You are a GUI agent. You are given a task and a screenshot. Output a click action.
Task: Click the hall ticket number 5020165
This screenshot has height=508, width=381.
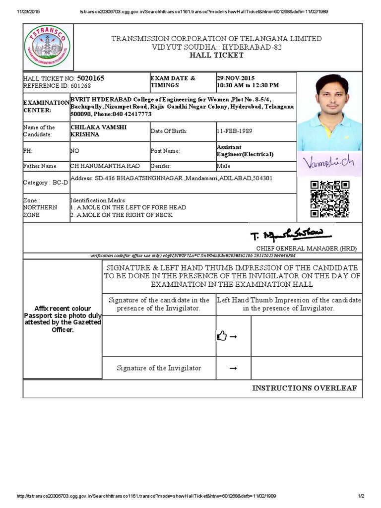coord(91,78)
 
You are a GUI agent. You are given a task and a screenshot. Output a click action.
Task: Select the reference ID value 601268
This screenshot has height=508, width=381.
coord(81,85)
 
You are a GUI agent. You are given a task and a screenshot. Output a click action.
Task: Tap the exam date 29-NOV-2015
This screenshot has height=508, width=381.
coord(236,78)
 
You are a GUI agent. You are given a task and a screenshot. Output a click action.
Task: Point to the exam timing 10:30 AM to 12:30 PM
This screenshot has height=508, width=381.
coord(248,85)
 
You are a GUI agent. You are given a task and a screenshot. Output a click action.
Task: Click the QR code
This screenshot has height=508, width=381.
coord(329,199)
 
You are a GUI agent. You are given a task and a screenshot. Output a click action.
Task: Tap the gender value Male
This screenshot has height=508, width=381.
coord(223,166)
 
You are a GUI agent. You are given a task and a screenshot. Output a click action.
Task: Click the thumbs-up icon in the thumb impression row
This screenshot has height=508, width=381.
coord(222,337)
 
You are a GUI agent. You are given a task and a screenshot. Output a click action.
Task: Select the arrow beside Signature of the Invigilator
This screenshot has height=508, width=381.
coord(233,368)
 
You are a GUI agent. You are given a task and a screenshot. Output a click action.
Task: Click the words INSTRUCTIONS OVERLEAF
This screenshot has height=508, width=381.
coord(304,388)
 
